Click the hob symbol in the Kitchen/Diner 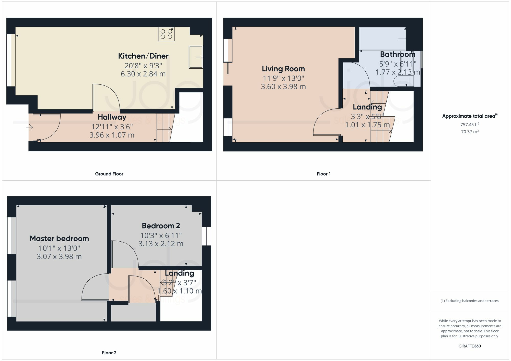click(166, 34)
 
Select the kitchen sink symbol click(196, 57)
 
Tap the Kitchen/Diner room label click(143, 56)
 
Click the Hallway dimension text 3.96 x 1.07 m click(112, 135)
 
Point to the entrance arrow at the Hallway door click(30, 127)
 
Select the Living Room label click(283, 69)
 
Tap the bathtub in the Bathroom click(382, 39)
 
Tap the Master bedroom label click(59, 239)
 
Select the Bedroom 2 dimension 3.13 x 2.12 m click(161, 244)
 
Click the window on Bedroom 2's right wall click(206, 236)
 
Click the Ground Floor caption click(109, 174)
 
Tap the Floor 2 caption click(109, 353)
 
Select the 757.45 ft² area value click(470, 125)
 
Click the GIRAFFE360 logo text click(470, 346)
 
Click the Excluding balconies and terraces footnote click(470, 301)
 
